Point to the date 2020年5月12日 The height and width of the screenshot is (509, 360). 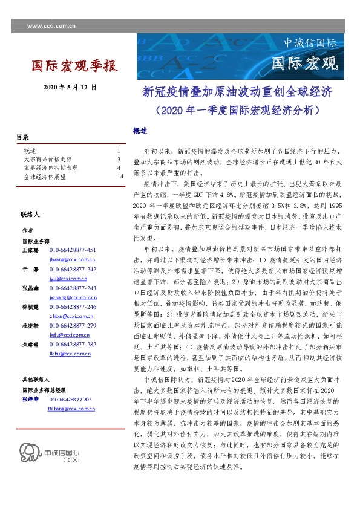point(70,88)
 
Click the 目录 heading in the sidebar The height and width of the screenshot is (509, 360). point(22,137)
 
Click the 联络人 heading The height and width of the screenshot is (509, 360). point(30,215)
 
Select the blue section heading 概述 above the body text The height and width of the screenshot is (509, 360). point(139,130)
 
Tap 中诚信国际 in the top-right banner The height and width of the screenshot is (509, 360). point(310,44)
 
